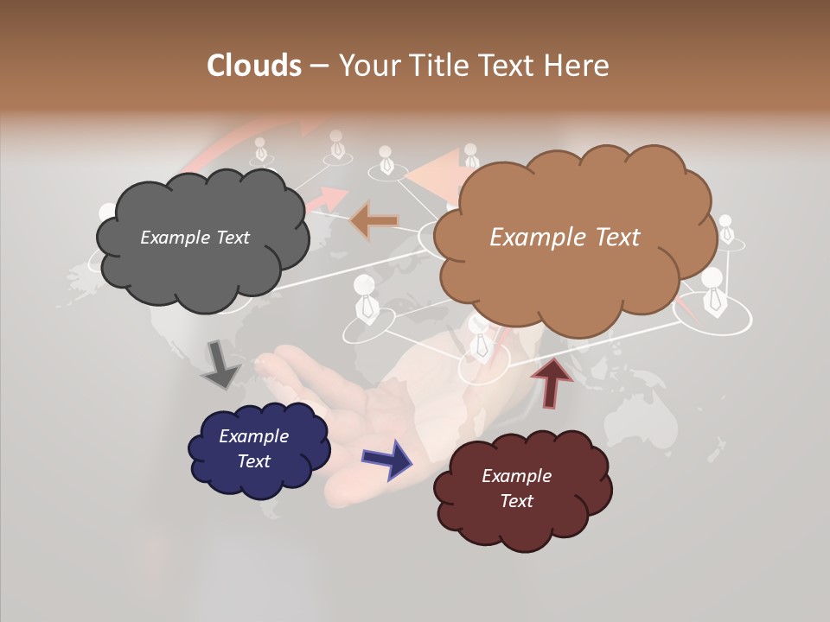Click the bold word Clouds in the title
pos(254,66)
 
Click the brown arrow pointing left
pos(374,220)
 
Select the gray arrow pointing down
pos(220,365)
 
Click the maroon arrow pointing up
pos(551,382)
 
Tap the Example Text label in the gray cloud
pos(195,238)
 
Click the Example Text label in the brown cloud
pos(565,238)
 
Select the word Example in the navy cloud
pos(253,436)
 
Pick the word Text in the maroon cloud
pos(516,501)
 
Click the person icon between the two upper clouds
pos(386,160)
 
